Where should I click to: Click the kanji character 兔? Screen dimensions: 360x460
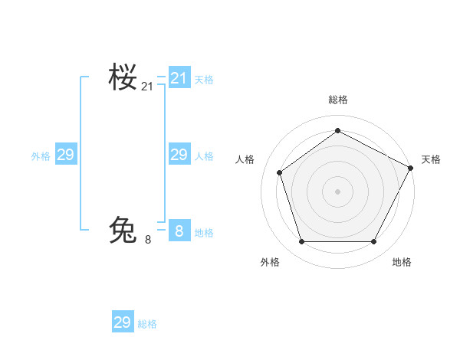click(x=123, y=230)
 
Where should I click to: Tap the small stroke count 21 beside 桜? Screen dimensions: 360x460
click(x=147, y=87)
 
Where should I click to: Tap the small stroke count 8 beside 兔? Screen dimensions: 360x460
click(x=147, y=240)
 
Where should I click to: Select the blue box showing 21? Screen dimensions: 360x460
click(x=179, y=77)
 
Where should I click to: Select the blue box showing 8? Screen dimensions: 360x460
click(x=179, y=231)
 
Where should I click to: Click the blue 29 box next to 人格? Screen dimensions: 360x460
click(x=179, y=155)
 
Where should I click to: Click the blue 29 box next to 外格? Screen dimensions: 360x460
click(x=65, y=155)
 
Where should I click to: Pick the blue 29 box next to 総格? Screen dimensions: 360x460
click(x=122, y=322)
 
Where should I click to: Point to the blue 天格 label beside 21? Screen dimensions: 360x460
click(x=204, y=79)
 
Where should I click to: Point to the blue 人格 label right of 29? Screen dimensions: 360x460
click(x=204, y=156)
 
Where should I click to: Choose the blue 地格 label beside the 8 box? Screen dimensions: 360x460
click(x=204, y=233)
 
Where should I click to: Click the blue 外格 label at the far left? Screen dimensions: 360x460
click(x=41, y=156)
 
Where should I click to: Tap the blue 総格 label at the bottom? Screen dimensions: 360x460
click(x=147, y=324)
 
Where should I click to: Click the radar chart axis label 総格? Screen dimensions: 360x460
click(x=337, y=100)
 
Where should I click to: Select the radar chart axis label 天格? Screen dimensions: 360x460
click(x=431, y=159)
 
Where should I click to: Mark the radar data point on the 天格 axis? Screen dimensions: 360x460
click(x=411, y=167)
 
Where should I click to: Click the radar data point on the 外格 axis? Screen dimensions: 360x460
click(x=301, y=242)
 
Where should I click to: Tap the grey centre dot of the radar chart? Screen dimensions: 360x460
click(x=337, y=191)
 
